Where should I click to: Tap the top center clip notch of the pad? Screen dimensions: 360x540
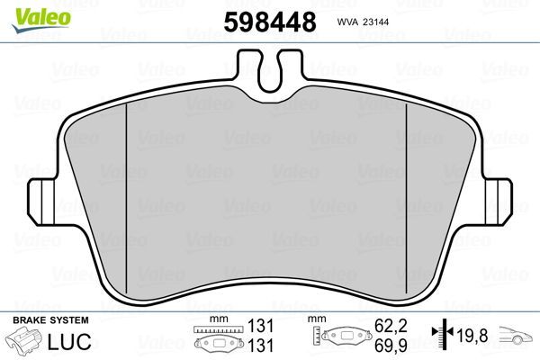pyautogui.click(x=269, y=68)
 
